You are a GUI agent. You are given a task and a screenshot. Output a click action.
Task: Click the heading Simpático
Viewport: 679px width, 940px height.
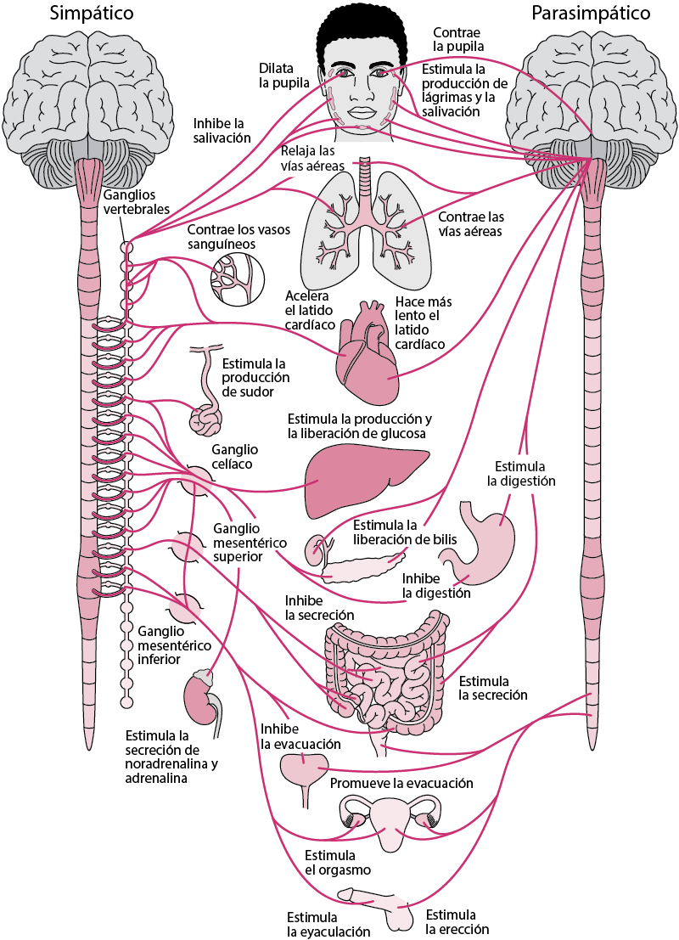[x=91, y=14]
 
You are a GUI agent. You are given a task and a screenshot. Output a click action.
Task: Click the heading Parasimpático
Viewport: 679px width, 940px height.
[x=590, y=14]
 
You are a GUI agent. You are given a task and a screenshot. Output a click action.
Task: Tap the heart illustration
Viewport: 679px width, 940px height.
[x=367, y=354]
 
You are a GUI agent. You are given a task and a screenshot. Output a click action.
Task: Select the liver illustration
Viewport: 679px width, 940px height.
[x=366, y=480]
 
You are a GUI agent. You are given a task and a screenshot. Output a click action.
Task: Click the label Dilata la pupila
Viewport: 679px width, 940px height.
[x=284, y=76]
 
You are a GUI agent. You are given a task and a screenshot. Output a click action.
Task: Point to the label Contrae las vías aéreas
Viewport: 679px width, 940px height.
[x=471, y=224]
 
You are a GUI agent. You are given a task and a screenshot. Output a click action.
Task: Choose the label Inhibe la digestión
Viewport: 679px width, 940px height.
[x=436, y=586]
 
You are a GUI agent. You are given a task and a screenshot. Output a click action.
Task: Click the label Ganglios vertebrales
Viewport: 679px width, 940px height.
[x=136, y=202]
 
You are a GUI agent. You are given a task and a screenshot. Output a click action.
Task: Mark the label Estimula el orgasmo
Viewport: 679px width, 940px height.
[x=338, y=862]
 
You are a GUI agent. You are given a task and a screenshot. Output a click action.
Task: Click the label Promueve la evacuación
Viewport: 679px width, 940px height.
[x=401, y=783]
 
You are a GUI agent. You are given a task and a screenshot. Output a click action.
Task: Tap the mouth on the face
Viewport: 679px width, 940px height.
[x=361, y=112]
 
